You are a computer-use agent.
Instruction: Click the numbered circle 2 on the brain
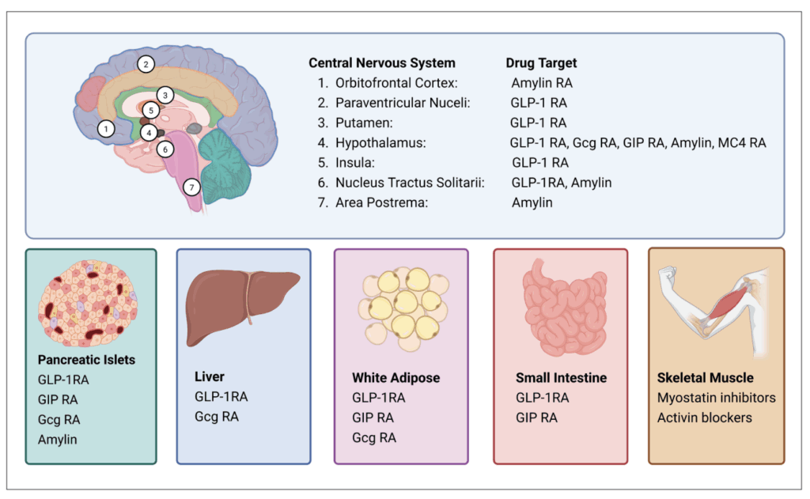[145, 64]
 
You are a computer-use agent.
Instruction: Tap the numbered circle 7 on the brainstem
[191, 187]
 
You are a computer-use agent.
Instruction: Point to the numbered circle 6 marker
[164, 148]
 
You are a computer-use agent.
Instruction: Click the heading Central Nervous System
[382, 63]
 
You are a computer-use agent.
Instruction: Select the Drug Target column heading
[541, 63]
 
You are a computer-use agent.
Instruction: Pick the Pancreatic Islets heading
[86, 360]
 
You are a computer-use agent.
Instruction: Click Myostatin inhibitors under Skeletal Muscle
[716, 398]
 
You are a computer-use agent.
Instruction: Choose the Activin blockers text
[704, 418]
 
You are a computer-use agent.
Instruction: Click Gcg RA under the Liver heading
[217, 417]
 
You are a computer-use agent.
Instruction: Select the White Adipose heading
[396, 378]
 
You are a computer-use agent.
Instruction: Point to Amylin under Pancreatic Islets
[58, 439]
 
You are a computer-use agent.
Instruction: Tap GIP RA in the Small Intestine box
[536, 418]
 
